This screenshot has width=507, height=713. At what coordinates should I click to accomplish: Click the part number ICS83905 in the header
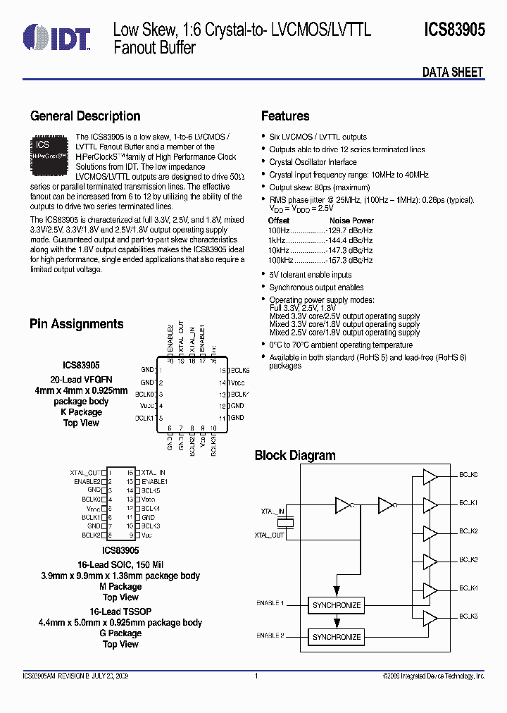[454, 30]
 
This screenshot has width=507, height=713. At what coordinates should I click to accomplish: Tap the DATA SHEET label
[452, 72]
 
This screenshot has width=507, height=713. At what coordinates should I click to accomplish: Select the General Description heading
[85, 116]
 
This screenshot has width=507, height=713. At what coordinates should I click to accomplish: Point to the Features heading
[285, 116]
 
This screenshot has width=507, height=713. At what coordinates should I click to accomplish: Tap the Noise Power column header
[352, 221]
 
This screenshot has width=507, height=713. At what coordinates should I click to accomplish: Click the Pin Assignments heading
[77, 324]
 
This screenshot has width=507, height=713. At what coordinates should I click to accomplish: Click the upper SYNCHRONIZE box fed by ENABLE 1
[336, 605]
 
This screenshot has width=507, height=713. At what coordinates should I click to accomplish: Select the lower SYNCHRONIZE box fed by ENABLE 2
[336, 637]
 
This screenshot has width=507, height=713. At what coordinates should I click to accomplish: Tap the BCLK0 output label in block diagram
[469, 476]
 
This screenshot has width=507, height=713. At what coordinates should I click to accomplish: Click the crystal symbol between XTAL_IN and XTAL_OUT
[286, 523]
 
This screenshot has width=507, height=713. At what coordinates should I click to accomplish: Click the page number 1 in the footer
[257, 676]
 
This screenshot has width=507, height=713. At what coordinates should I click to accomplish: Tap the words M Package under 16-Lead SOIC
[120, 586]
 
